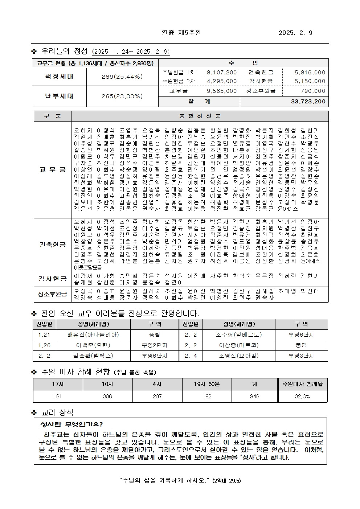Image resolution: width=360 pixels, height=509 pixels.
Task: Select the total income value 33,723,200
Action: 308,102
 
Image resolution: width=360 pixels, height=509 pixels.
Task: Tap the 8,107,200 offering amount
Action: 221,73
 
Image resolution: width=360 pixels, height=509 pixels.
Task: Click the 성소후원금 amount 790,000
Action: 313,91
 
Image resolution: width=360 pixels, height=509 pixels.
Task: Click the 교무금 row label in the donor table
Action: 53,169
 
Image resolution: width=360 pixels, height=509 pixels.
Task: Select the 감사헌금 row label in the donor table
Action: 53,279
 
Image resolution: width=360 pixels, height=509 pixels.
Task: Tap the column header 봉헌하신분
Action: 200,116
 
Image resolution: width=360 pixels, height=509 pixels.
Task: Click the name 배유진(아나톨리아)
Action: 93,335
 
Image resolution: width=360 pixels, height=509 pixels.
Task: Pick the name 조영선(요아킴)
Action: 239,356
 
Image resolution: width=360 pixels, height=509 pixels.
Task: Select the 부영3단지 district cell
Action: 301,356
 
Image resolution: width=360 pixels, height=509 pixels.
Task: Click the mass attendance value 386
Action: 107,396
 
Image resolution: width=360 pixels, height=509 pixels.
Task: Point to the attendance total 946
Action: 255,396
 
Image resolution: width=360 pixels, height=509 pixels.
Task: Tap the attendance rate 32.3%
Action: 302,396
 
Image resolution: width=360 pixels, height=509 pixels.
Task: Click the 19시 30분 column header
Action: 207,384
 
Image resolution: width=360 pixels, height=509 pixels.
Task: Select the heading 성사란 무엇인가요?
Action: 71,424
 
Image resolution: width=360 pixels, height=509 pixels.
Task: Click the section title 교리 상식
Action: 57,412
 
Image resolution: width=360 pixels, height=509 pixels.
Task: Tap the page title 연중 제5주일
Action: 181,33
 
